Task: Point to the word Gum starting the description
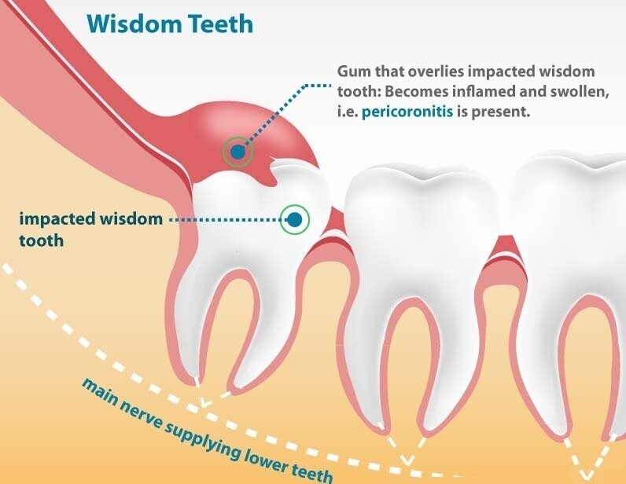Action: click(x=351, y=70)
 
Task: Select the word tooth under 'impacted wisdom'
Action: click(x=41, y=239)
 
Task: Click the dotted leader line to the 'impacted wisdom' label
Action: click(x=223, y=220)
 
